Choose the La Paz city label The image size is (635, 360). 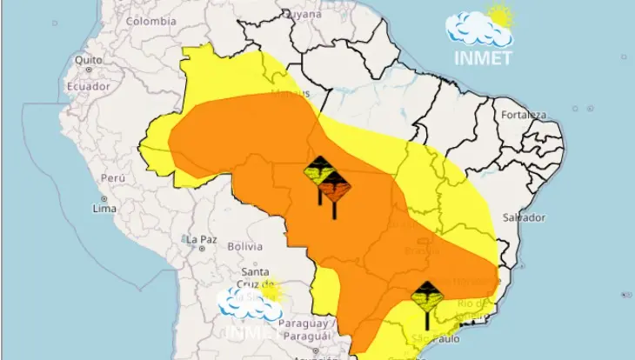click(x=200, y=239)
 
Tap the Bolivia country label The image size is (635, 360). click(x=244, y=247)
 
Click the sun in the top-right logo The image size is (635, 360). click(x=500, y=15)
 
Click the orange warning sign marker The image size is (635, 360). click(x=333, y=186)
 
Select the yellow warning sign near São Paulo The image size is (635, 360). click(x=426, y=297)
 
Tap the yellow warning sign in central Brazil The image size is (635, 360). click(x=319, y=169)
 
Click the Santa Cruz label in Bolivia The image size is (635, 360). click(x=244, y=277)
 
